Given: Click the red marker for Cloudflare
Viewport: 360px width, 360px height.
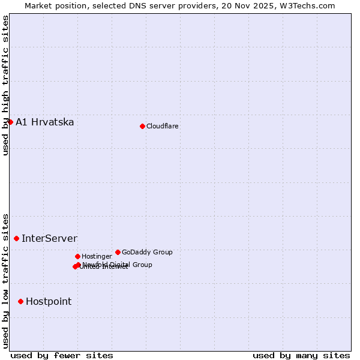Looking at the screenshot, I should [x=142, y=126].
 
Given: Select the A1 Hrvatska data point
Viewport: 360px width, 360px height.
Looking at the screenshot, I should [x=10, y=122].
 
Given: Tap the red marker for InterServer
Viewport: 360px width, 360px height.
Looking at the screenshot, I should [x=16, y=238].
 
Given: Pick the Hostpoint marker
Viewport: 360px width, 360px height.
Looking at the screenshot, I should [x=20, y=301].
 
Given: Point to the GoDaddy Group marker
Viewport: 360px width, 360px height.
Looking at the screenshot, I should [x=118, y=252].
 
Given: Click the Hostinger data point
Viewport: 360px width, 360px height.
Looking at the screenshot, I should [x=77, y=256].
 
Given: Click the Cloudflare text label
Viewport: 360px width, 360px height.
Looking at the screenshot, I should [x=162, y=126].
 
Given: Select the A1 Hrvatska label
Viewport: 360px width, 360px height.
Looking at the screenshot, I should [x=45, y=122].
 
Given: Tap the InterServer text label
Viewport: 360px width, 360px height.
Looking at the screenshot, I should [x=49, y=239].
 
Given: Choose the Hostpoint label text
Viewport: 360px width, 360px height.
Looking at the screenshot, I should [x=49, y=302].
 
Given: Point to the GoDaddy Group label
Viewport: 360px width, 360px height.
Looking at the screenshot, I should [x=147, y=252].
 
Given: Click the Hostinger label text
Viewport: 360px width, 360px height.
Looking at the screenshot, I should [x=97, y=256].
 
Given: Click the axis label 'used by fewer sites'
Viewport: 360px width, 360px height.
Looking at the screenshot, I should [x=62, y=355].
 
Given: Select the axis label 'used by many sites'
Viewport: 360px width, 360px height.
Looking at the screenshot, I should [x=301, y=355].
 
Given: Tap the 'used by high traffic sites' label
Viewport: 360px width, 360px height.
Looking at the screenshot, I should [x=5, y=85].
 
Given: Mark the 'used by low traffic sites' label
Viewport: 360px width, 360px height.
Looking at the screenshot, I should [x=5, y=281].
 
